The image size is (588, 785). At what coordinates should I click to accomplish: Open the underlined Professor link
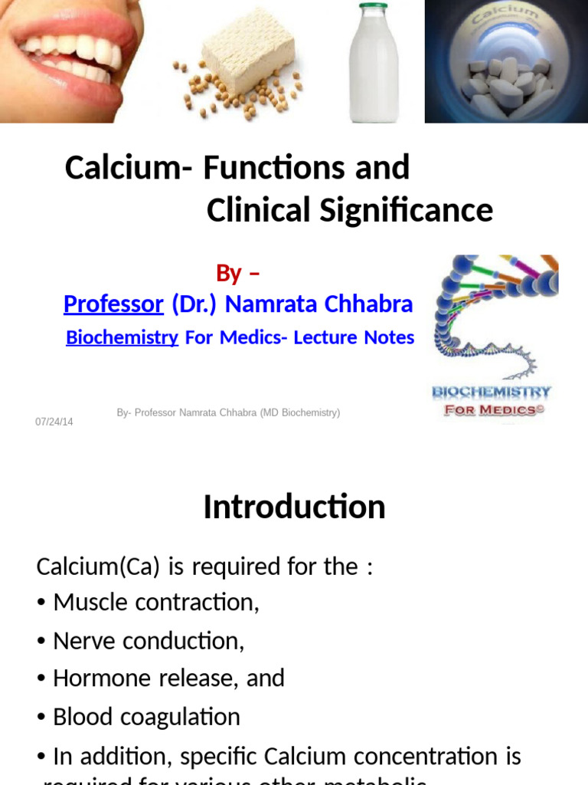(x=113, y=304)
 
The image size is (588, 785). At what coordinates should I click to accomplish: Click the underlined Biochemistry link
(x=122, y=337)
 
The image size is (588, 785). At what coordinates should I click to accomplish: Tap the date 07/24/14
(x=54, y=422)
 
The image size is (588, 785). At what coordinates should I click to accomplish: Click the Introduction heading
(x=294, y=507)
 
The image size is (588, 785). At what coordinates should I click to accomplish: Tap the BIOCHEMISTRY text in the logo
(x=492, y=392)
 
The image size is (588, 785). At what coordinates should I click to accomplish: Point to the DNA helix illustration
(x=490, y=314)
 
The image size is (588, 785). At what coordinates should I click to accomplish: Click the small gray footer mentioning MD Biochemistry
(x=228, y=413)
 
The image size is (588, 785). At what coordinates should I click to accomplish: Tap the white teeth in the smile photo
(x=73, y=54)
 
